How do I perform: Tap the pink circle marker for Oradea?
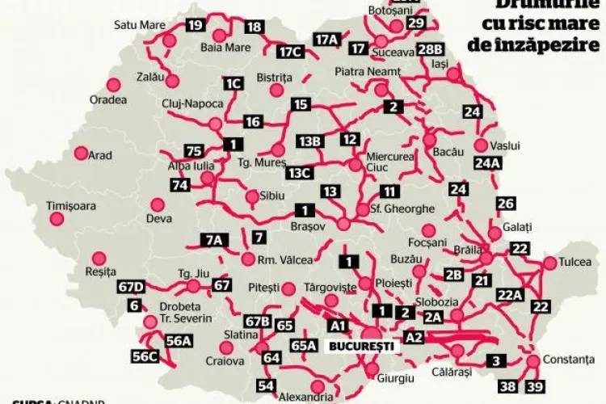[114, 83]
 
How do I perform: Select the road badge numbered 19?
[195, 25]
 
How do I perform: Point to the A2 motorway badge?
[413, 336]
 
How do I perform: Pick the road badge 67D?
[130, 287]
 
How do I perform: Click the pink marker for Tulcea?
[550, 263]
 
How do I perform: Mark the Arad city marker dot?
[81, 152]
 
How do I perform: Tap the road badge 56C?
[145, 356]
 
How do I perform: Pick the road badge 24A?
[487, 163]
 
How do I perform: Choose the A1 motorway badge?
[338, 325]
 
